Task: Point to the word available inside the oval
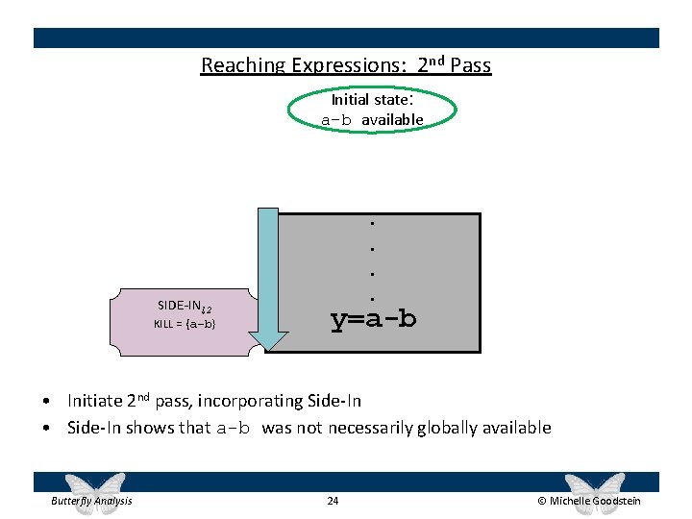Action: [x=392, y=120]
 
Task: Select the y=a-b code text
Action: [x=373, y=318]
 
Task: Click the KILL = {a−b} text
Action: [x=185, y=324]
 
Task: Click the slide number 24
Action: [x=334, y=501]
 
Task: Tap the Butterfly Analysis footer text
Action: [x=91, y=501]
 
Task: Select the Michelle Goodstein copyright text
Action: [x=588, y=501]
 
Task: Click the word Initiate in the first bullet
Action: [x=95, y=401]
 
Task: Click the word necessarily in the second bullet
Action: [x=369, y=428]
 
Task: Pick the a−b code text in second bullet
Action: [x=235, y=429]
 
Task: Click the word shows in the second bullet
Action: [x=188, y=428]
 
